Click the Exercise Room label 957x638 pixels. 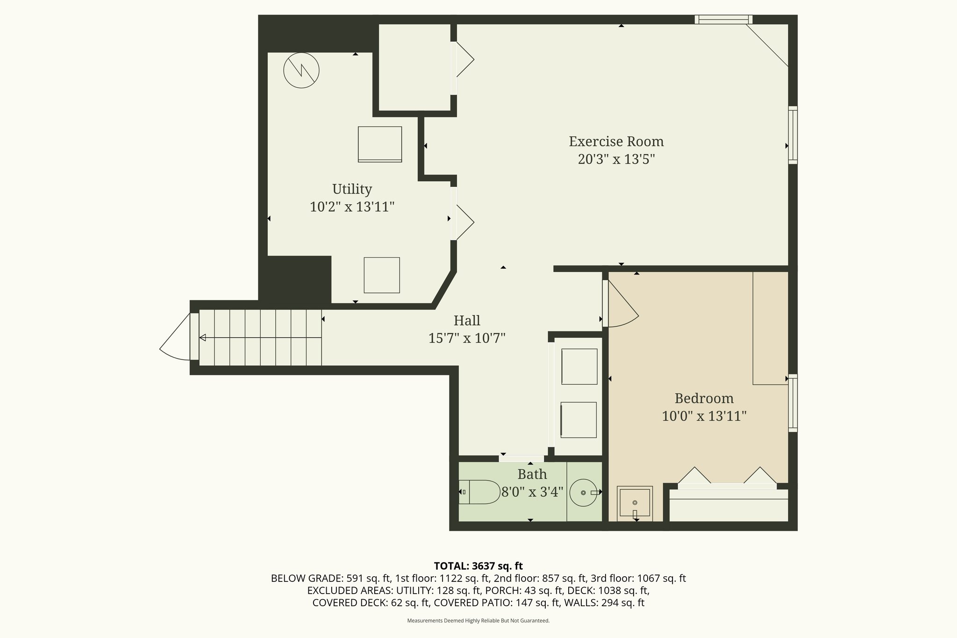tap(616, 141)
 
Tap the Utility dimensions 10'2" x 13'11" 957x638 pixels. tap(352, 207)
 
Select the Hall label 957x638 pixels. tap(467, 321)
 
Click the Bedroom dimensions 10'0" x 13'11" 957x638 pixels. tap(704, 416)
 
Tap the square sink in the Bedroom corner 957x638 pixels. tap(635, 503)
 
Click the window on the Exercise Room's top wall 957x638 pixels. tap(723, 20)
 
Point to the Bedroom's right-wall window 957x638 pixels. tap(793, 403)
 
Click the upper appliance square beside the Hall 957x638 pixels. tap(579, 366)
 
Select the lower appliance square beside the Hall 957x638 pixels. tap(578, 420)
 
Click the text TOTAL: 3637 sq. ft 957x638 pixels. tap(478, 566)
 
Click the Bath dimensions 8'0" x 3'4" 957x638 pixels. tap(532, 492)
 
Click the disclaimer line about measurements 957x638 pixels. tap(478, 621)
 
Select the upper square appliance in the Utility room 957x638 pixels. tap(380, 144)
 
